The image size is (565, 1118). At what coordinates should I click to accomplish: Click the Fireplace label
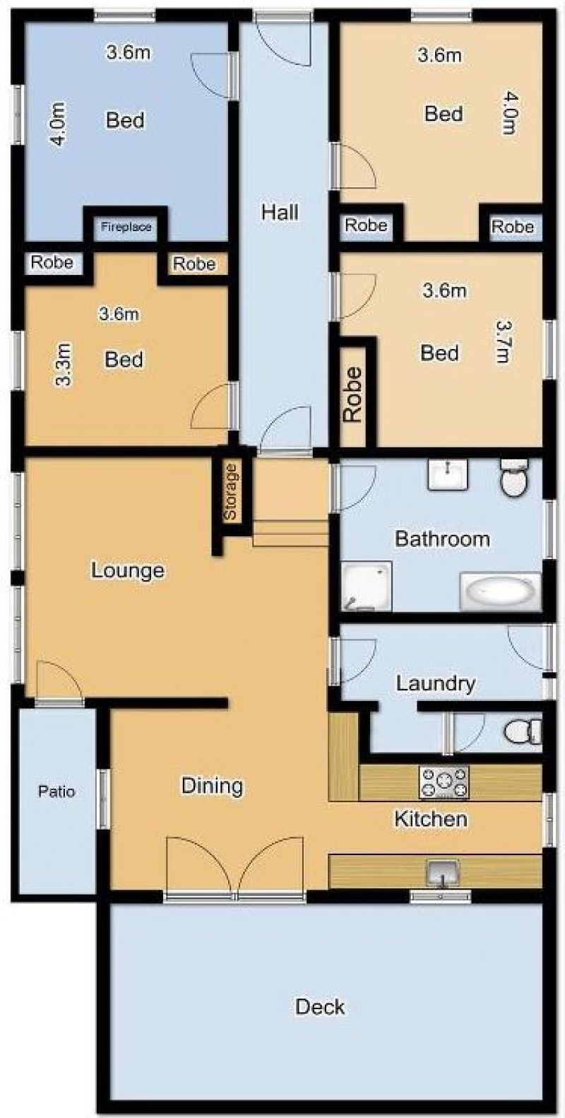click(x=126, y=227)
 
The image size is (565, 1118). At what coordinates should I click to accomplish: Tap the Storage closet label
click(x=230, y=492)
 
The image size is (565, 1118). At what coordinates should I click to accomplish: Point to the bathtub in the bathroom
click(x=500, y=592)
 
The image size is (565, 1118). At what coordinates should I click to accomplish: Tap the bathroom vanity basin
click(x=448, y=474)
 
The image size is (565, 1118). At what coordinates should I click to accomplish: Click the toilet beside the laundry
click(x=523, y=731)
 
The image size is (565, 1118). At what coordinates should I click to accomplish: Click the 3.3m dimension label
click(x=64, y=365)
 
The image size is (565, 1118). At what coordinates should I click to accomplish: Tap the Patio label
click(x=56, y=791)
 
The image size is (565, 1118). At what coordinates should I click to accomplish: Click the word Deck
click(x=320, y=1006)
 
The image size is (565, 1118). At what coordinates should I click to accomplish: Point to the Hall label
click(x=280, y=213)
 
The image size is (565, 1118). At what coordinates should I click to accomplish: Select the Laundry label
click(x=435, y=684)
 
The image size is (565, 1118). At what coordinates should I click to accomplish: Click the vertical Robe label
click(x=353, y=395)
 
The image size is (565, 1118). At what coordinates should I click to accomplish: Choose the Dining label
click(x=212, y=786)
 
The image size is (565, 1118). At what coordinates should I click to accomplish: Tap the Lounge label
click(x=128, y=570)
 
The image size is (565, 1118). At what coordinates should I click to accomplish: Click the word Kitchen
click(x=431, y=819)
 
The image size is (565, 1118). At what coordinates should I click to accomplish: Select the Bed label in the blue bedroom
click(x=125, y=120)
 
